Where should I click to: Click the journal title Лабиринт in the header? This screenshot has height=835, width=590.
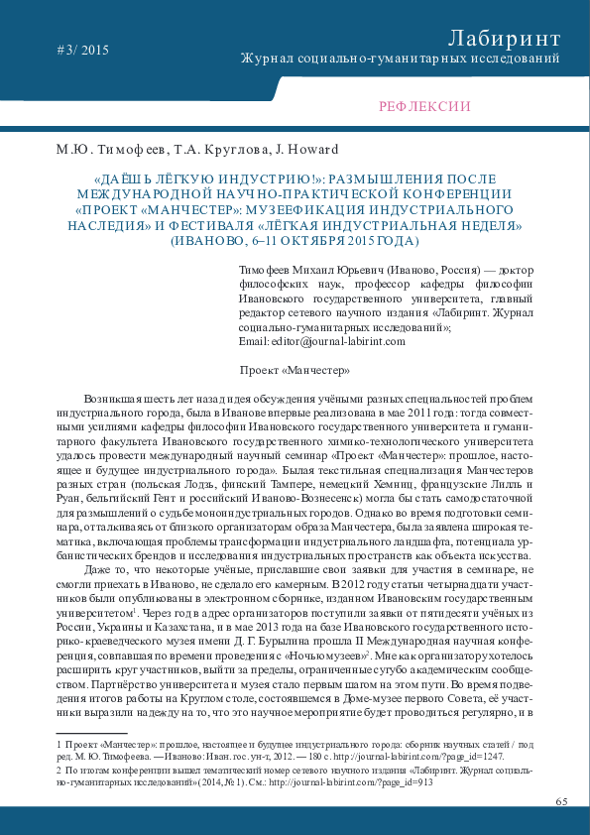click(504, 38)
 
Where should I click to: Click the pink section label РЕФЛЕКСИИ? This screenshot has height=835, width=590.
click(424, 107)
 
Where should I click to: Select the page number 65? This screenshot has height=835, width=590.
click(561, 800)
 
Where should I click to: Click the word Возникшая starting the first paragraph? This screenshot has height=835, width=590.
click(111, 395)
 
